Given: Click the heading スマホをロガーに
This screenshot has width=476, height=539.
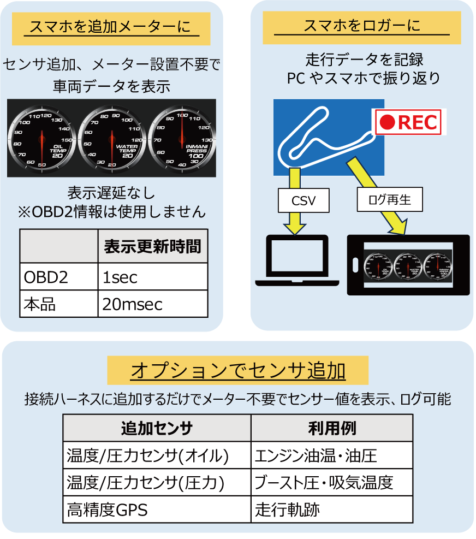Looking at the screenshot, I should (362, 27).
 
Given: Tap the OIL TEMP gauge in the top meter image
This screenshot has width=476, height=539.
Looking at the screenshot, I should (42, 138).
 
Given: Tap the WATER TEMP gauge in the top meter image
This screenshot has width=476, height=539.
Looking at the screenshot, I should (112, 138).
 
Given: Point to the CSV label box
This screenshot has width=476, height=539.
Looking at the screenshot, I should (304, 200).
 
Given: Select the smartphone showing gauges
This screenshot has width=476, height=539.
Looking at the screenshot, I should (408, 265).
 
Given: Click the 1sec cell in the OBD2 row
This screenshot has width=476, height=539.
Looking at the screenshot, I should (153, 277).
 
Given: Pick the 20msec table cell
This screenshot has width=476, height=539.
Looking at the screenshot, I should (153, 304).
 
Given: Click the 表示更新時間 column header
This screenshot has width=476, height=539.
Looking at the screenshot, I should (153, 246).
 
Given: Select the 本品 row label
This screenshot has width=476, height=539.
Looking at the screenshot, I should (59, 304).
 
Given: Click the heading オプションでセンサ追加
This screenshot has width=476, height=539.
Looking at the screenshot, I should (238, 371).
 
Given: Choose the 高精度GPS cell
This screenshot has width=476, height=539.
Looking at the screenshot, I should (157, 510).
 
